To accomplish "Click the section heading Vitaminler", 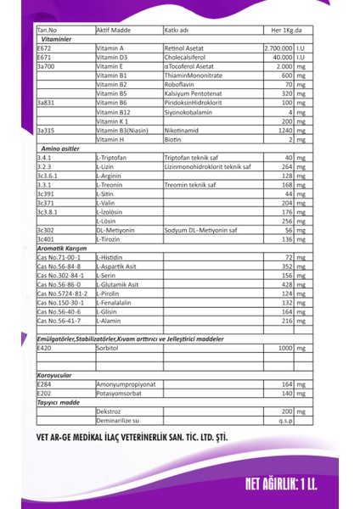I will click(x=53, y=39).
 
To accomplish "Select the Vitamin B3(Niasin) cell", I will click(x=124, y=131).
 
